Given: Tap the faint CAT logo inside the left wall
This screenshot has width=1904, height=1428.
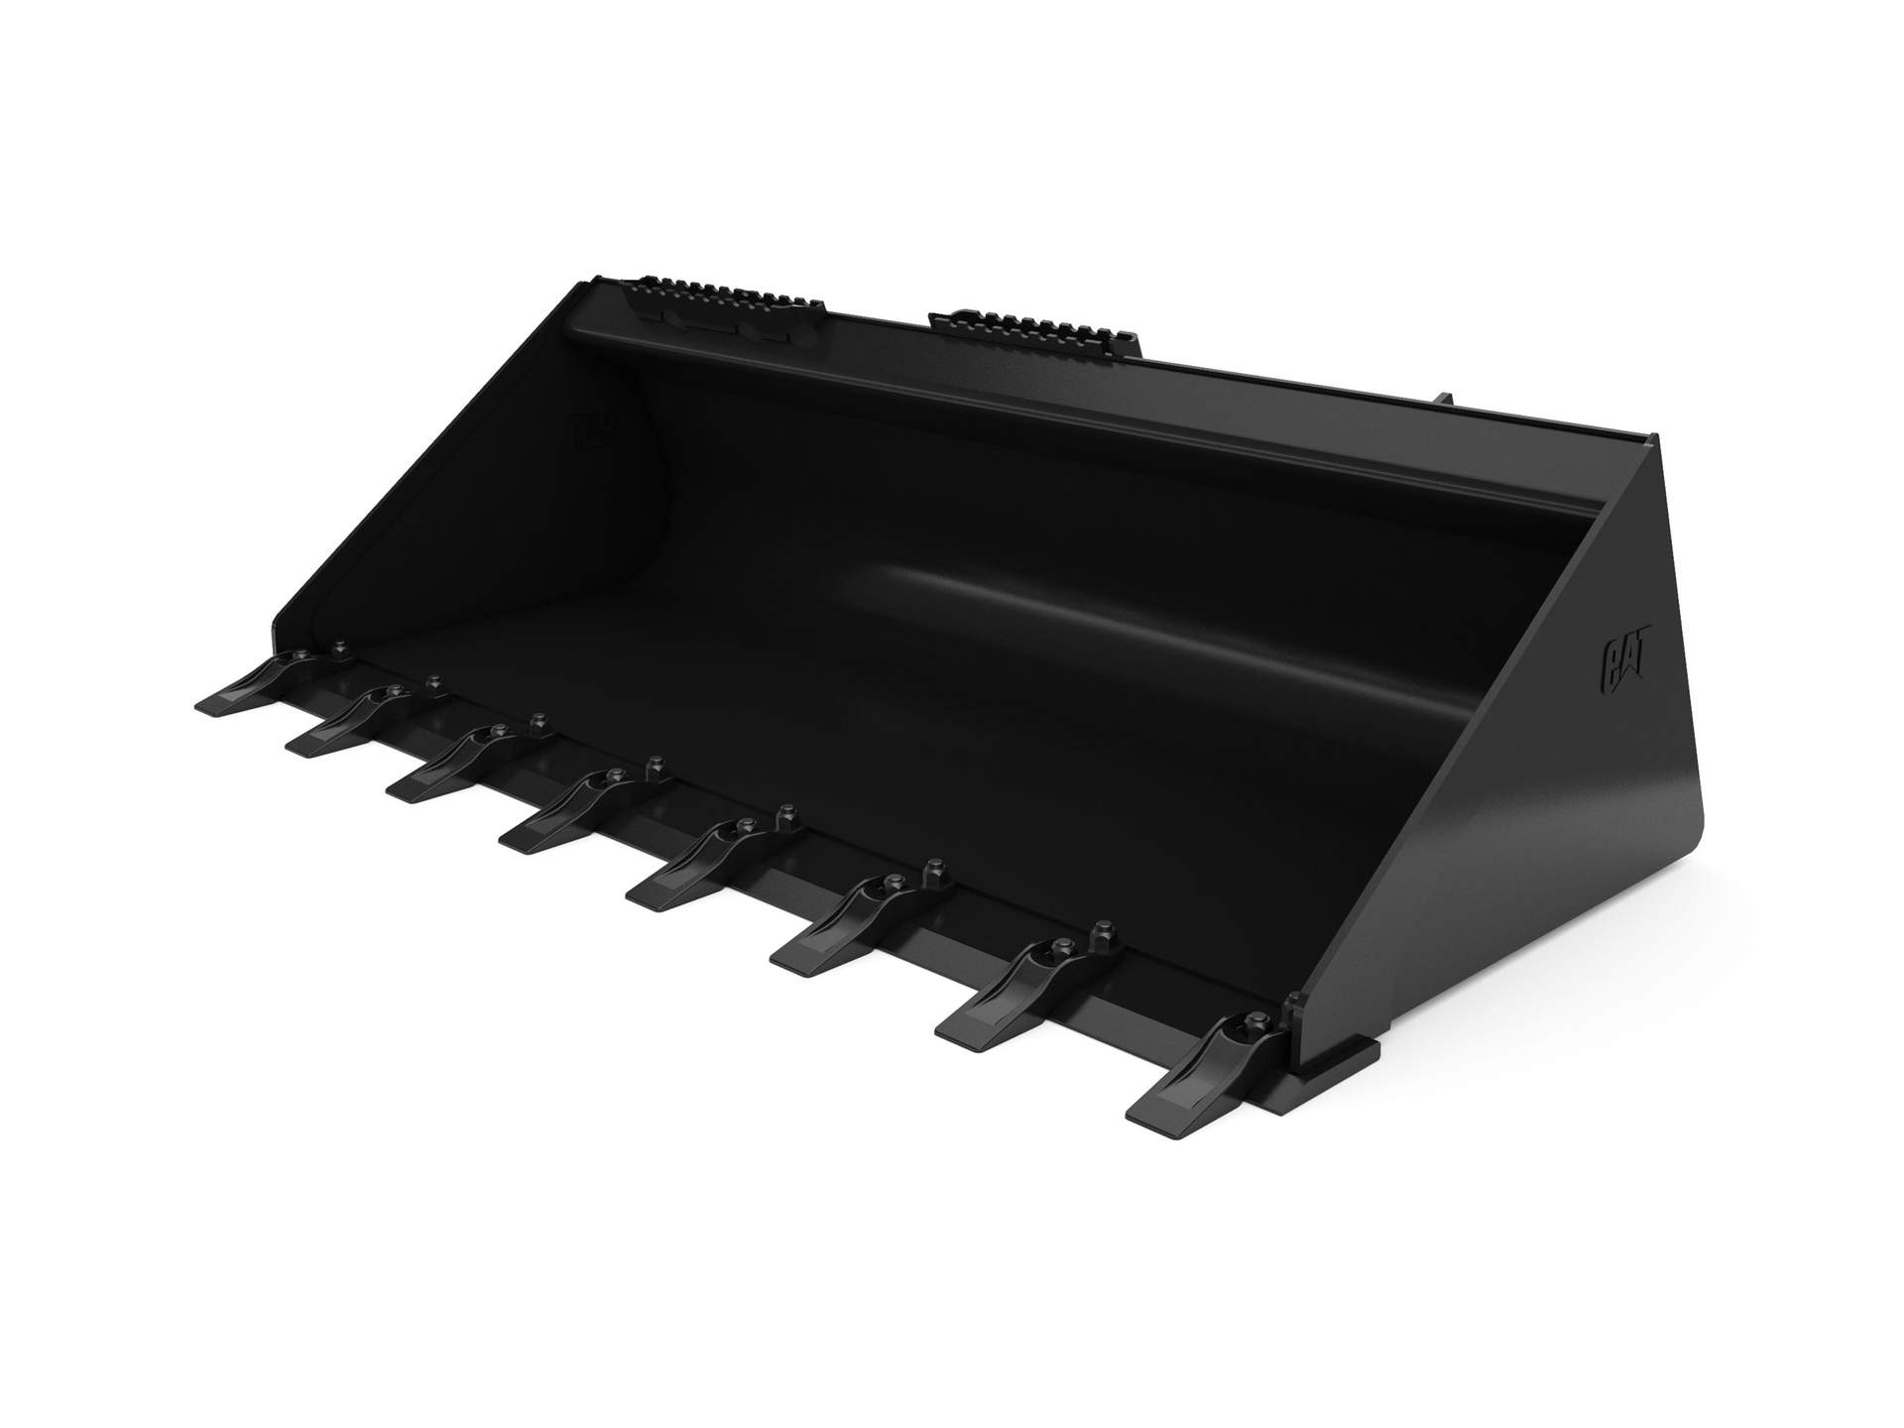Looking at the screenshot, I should pyautogui.click(x=594, y=430).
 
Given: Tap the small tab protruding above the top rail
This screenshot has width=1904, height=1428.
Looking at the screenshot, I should pyautogui.click(x=1443, y=400).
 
